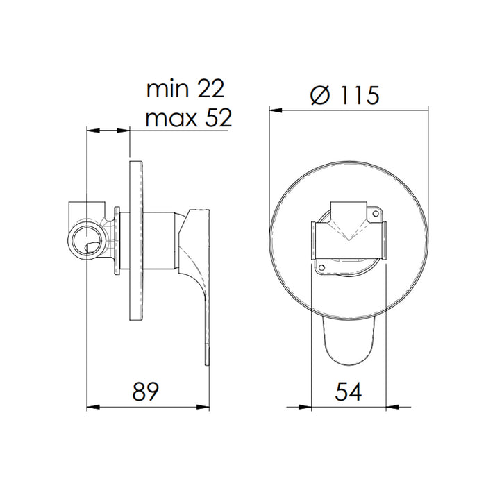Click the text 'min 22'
coord(186,90)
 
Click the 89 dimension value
coord(146,392)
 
